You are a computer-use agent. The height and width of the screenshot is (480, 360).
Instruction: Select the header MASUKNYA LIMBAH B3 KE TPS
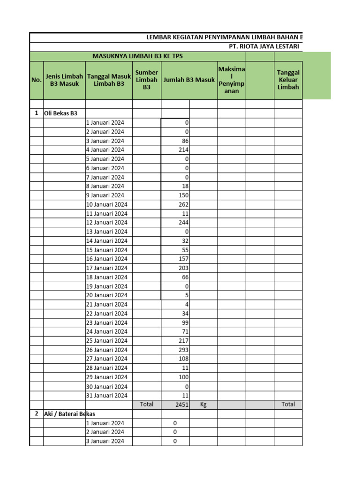(137, 56)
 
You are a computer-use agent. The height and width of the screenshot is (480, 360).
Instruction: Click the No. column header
(36, 80)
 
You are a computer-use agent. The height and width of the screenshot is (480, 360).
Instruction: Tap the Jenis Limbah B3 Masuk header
(64, 80)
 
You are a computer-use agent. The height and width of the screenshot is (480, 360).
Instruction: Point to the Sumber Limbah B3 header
(147, 80)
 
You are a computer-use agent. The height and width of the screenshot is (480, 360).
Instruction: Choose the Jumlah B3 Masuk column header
(189, 80)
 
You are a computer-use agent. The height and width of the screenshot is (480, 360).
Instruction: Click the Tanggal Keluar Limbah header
(288, 80)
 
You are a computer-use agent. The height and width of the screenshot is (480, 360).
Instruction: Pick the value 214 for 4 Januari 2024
(183, 150)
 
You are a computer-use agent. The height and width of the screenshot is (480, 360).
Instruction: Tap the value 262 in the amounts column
(183, 204)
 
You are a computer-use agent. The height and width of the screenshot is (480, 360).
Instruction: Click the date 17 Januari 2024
(107, 268)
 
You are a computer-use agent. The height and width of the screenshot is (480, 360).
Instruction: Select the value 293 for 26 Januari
(183, 350)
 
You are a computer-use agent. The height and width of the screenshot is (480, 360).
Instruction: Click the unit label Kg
(203, 405)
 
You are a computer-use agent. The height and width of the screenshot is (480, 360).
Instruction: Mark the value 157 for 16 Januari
(183, 259)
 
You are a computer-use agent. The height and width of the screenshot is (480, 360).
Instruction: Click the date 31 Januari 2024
(107, 396)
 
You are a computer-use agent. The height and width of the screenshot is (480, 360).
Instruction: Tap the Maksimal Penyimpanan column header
(232, 80)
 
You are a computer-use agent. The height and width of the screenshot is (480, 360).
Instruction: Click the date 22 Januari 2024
(107, 314)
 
